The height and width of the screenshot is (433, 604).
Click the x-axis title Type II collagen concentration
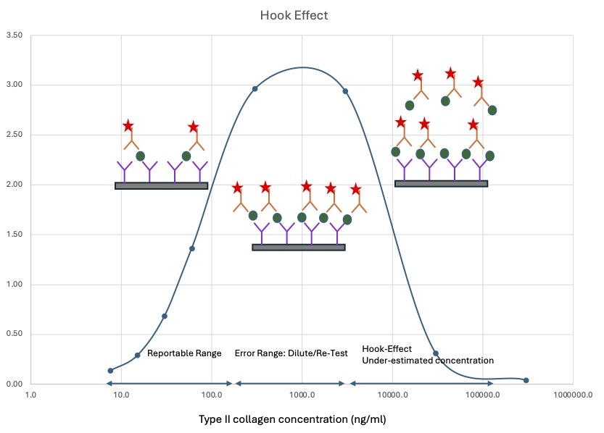coord(301,419)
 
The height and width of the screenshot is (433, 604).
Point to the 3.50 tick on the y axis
coord(14,35)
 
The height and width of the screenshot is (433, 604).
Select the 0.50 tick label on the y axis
coord(14,335)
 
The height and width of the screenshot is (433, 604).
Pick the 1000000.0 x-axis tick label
coord(573,395)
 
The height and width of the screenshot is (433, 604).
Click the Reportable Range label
coord(184,354)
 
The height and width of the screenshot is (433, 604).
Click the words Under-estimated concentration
coord(428,361)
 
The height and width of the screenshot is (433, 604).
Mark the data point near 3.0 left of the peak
coord(255,89)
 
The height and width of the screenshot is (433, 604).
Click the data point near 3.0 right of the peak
coord(345,91)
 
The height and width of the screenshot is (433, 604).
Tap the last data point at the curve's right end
coord(526,380)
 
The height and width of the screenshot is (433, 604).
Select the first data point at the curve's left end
coord(110,371)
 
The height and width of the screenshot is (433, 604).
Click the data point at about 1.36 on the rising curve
coord(192,248)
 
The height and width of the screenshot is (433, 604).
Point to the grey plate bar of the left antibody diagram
coord(161,186)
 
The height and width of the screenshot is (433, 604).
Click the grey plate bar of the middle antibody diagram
coord(298,248)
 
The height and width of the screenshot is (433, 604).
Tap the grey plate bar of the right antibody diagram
coord(441,184)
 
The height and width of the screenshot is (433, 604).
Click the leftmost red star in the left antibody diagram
coord(128,126)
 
